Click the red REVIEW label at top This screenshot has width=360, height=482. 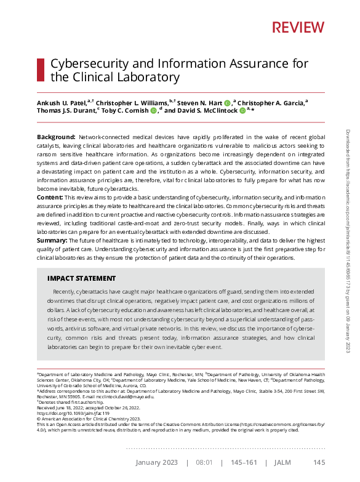pos(298,27)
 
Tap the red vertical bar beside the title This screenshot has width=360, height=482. pos(41,70)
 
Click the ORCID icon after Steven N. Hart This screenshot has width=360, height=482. pos(227,102)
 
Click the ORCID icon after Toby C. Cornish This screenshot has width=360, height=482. pos(153,111)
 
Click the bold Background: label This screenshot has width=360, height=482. pos(56,136)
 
